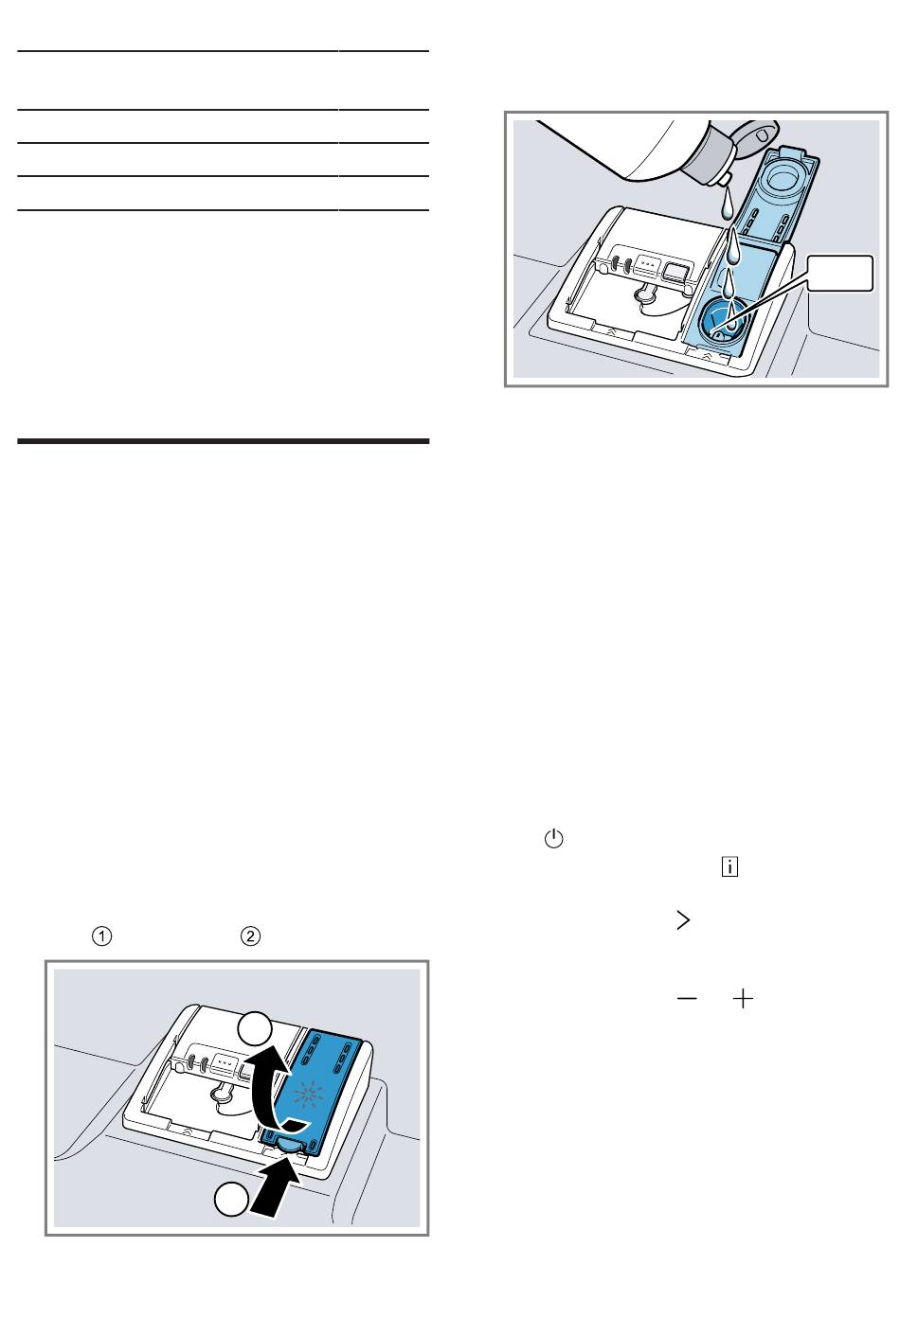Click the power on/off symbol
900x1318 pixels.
tap(553, 839)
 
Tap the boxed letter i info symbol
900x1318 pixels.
tap(729, 867)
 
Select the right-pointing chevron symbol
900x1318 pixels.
tap(683, 920)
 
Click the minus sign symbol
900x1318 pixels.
tap(687, 999)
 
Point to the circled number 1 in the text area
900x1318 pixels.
tap(101, 936)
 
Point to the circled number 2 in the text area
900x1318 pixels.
tap(251, 936)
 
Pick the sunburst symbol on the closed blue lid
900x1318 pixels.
tap(307, 1095)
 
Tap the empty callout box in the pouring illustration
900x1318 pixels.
tap(839, 273)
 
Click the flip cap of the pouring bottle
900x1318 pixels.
tap(755, 134)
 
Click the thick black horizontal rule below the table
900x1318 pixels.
tap(223, 441)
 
